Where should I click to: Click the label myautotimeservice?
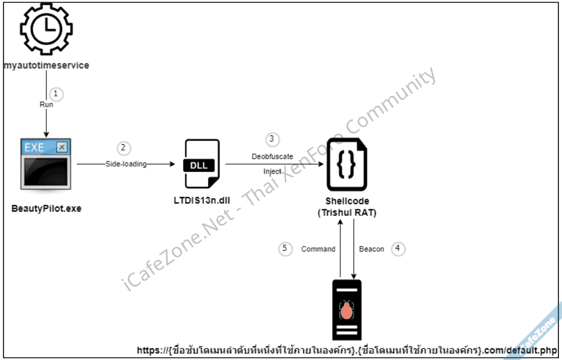tap(46, 65)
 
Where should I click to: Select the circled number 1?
tap(56, 93)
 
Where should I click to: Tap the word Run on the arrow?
tap(46, 104)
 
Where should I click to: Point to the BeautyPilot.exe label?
tap(46, 208)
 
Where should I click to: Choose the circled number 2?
tap(123, 148)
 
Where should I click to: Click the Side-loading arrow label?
tap(126, 164)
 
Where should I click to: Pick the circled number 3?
tap(271, 140)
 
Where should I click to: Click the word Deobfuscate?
tap(273, 157)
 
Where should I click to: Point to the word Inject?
tap(273, 171)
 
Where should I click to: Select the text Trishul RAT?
tap(348, 212)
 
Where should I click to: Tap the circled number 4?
tap(398, 248)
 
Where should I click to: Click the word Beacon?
tap(372, 249)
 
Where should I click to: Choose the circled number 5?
tap(285, 249)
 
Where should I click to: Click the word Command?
tap(318, 249)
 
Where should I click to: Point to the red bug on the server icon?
tap(347, 310)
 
